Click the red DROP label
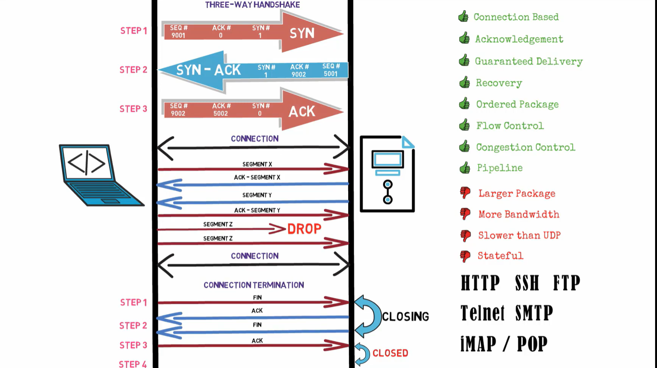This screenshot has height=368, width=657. pyautogui.click(x=304, y=229)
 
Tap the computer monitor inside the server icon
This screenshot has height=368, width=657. pyautogui.click(x=387, y=160)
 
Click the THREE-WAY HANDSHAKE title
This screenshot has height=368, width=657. pyautogui.click(x=253, y=5)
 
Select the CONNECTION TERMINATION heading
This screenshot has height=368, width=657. pyautogui.click(x=254, y=285)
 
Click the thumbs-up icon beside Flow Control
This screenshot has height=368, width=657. pyautogui.click(x=464, y=125)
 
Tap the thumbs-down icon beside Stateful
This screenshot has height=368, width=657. pyautogui.click(x=465, y=256)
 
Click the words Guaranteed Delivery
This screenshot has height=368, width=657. pyautogui.click(x=529, y=62)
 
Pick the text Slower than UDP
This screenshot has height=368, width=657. pyautogui.click(x=519, y=235)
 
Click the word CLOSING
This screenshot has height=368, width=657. pyautogui.click(x=405, y=316)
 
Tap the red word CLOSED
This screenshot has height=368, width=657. pyautogui.click(x=390, y=353)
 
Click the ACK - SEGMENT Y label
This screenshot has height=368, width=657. pyautogui.click(x=257, y=210)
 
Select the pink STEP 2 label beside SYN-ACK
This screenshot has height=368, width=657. pyautogui.click(x=133, y=70)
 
